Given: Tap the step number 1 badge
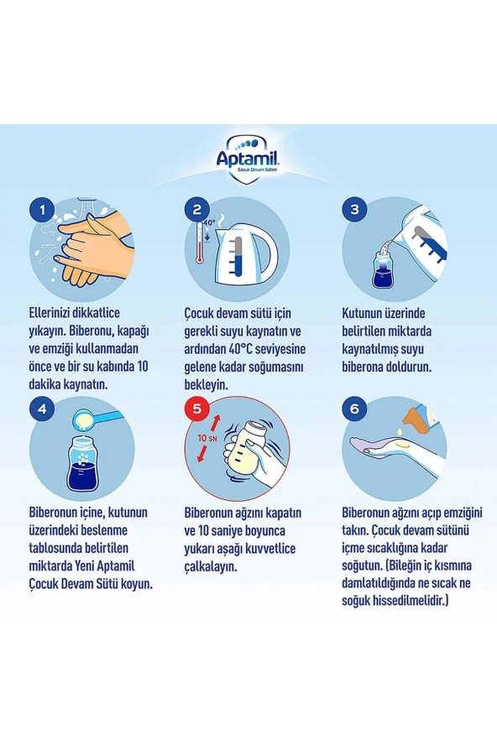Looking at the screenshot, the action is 43,210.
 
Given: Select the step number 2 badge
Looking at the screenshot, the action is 197,210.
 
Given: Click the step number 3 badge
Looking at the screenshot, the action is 354,210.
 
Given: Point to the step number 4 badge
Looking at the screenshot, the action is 43,409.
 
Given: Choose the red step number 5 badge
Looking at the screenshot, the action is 197,409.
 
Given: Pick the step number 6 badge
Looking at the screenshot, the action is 354,409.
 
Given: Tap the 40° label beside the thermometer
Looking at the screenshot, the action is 210,221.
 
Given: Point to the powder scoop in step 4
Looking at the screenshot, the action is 95,419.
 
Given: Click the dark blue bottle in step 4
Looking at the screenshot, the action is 83,464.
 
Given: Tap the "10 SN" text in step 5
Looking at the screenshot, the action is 207,438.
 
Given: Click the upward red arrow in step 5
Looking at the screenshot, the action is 216,422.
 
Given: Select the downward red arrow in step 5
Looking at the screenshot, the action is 202,453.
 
